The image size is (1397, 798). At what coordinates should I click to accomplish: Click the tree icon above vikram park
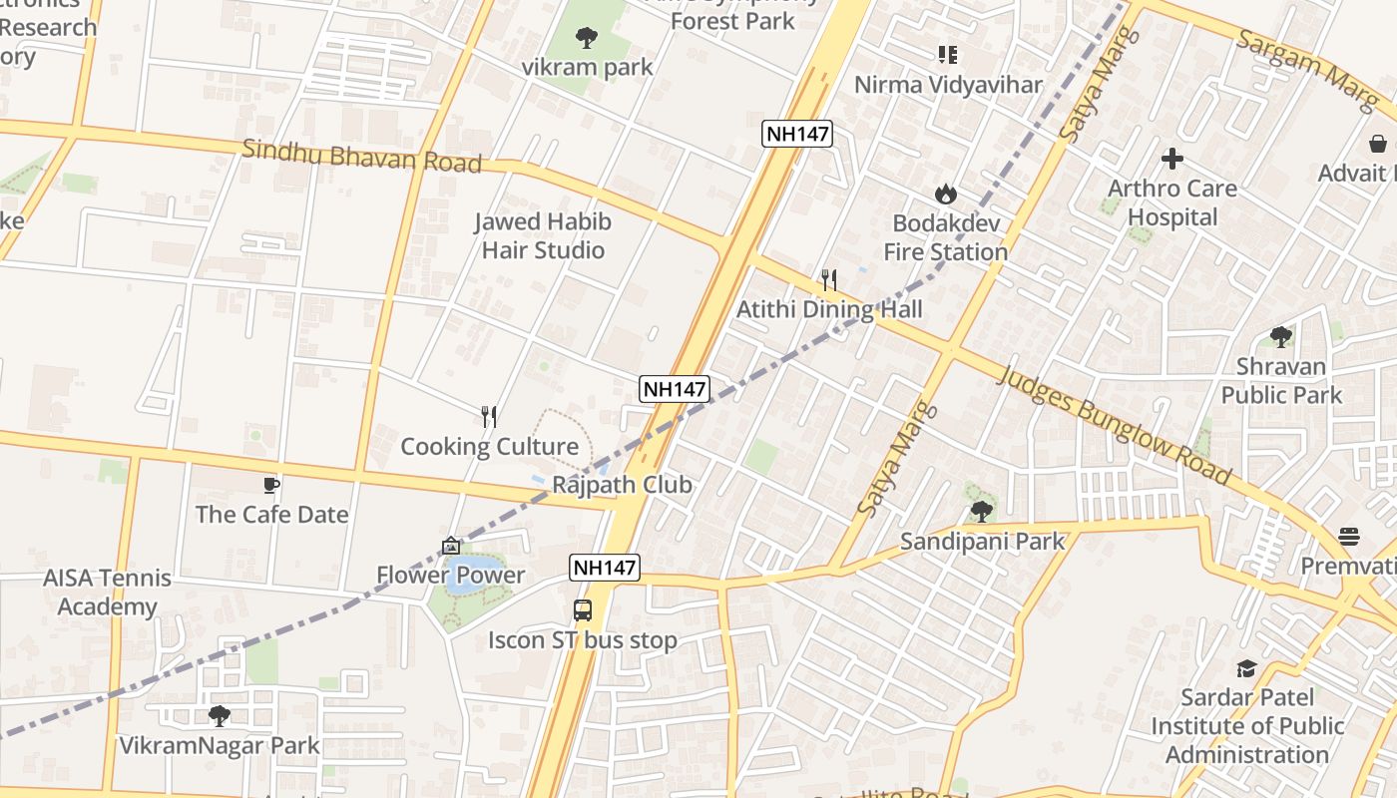coord(587,38)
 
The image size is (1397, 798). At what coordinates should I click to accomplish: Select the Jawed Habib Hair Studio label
coord(543,235)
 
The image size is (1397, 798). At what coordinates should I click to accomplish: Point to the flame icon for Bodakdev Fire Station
coord(945,195)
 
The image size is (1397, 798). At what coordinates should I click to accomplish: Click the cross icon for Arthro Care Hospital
coord(1172,159)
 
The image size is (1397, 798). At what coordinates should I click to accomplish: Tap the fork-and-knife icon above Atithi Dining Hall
coord(828,280)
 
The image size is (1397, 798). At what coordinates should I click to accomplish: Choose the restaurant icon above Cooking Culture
coord(489,417)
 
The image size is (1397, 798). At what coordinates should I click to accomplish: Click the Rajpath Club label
coord(622,485)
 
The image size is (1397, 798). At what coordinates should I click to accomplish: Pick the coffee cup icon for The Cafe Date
coord(270,486)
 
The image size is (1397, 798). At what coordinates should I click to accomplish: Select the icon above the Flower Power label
coord(450,546)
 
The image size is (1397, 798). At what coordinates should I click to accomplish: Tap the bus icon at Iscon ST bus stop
coord(583,610)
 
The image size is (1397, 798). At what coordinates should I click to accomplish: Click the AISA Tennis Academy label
coord(107,593)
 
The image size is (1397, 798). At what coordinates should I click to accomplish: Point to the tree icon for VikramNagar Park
coord(219,715)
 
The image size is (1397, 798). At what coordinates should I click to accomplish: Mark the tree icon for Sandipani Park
coord(982,512)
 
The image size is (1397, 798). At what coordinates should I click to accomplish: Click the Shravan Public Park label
coord(1281,380)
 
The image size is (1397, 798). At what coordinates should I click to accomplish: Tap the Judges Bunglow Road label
coord(1114,425)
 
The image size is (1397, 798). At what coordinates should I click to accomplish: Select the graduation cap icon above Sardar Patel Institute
coord(1246,667)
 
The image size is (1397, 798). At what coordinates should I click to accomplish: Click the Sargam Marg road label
coord(1307,70)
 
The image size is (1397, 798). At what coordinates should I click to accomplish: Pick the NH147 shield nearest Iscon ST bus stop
coord(605,568)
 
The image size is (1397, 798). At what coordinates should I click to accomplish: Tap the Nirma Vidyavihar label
coord(948,85)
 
